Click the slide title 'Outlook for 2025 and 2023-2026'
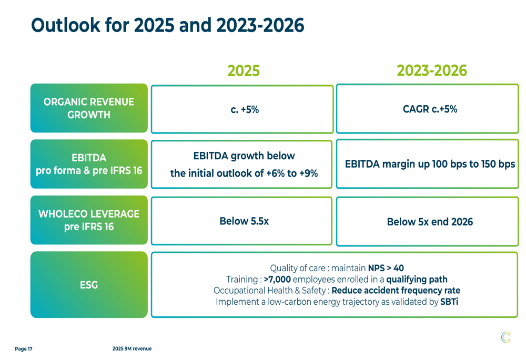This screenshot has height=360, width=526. point(167,25)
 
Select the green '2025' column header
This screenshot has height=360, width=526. point(243,71)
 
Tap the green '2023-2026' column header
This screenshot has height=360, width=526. point(431,71)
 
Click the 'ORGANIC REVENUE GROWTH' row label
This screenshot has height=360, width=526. point(89,108)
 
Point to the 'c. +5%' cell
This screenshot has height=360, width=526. point(244,109)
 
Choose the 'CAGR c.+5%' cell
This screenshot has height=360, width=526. point(430,109)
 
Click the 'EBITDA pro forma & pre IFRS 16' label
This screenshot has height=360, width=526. point(89,164)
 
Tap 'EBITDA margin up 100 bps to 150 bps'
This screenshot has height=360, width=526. point(430,164)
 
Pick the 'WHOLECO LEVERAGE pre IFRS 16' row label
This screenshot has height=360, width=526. point(89,220)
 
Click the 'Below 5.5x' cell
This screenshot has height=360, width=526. point(244,221)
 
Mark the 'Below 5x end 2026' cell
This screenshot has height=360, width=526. point(430,222)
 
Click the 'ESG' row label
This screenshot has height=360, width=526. point(89,285)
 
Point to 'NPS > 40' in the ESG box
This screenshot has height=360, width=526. point(386,268)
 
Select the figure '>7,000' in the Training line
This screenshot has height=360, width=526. point(277,279)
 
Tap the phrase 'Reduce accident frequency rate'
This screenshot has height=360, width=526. point(396,291)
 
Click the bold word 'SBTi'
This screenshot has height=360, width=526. point(449,302)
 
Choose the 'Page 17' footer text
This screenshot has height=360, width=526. point(24,349)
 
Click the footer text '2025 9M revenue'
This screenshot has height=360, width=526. point(131,349)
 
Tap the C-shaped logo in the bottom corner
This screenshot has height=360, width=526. point(505,337)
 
